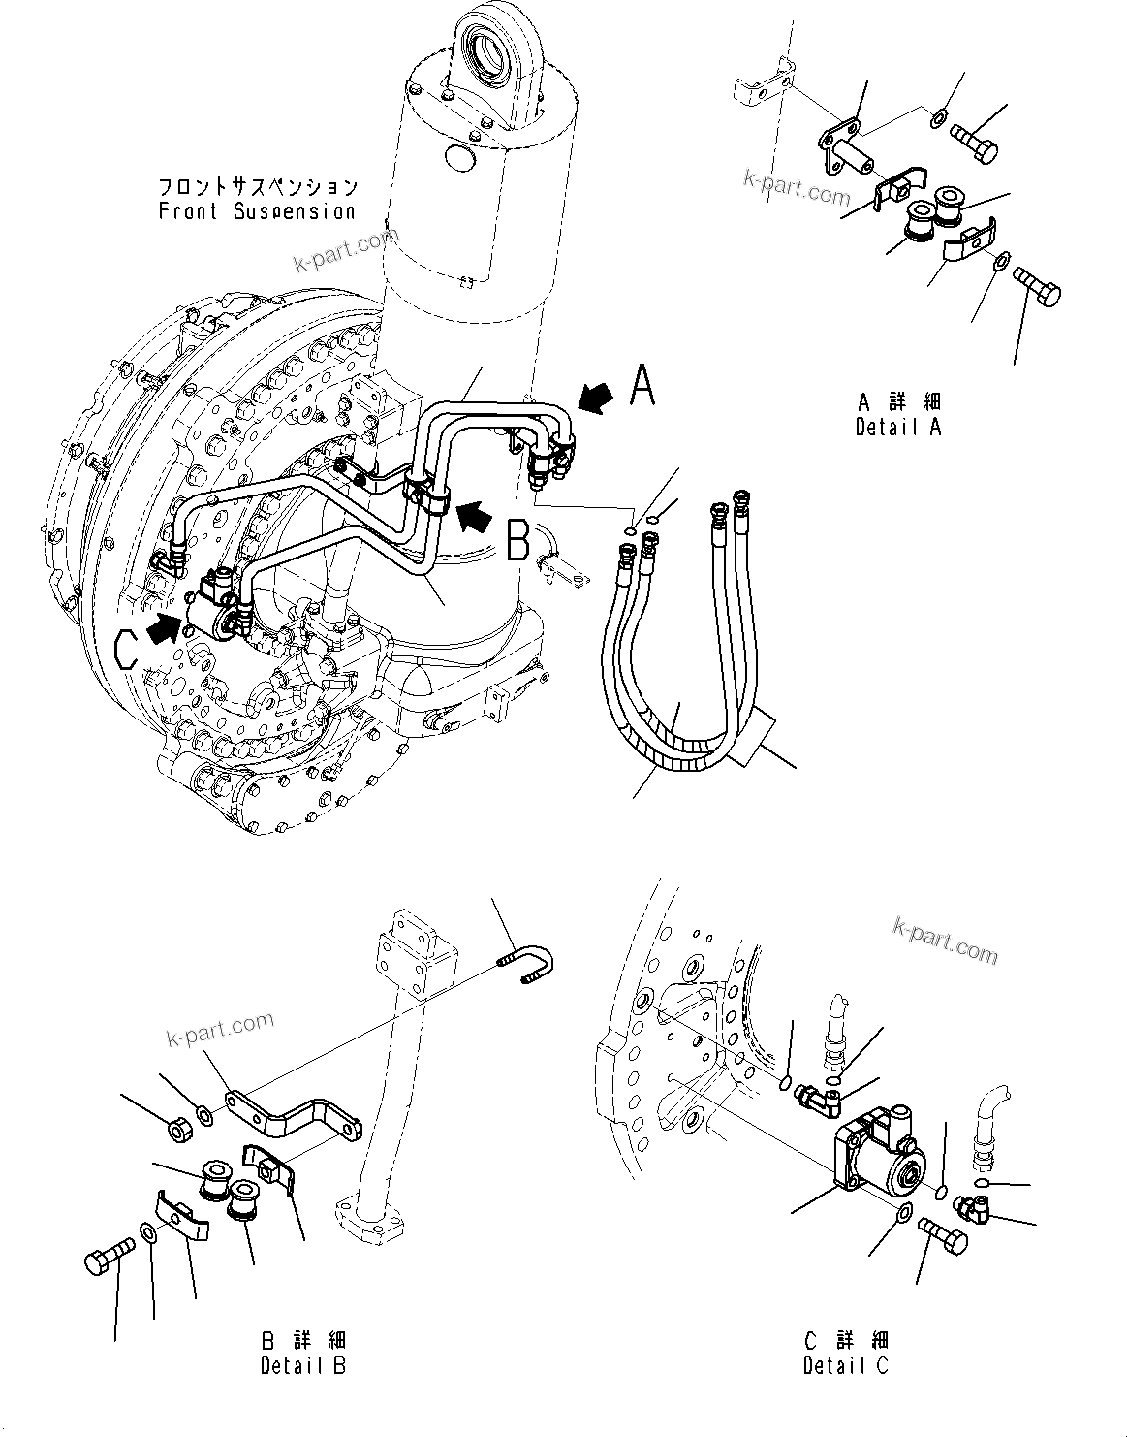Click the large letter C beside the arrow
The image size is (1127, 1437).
(x=127, y=647)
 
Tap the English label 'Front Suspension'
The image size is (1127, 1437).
(x=258, y=210)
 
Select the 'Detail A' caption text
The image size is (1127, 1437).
(x=898, y=426)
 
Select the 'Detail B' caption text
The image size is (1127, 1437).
(x=303, y=1365)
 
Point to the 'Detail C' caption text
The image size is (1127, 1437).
(x=846, y=1365)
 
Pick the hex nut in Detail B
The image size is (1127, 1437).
(x=177, y=1128)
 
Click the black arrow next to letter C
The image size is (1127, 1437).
(x=164, y=627)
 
